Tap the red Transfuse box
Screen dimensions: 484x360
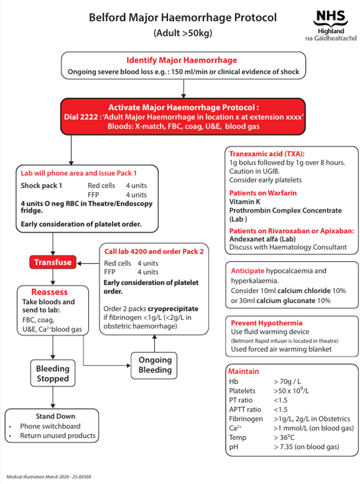(52, 263)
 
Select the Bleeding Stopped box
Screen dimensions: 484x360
(52, 373)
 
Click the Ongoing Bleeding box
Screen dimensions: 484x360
(155, 365)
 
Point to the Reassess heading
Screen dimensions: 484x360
(49, 292)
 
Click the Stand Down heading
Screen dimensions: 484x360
(55, 416)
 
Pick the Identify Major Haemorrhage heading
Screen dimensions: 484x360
(182, 60)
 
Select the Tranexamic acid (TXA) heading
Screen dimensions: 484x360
(267, 154)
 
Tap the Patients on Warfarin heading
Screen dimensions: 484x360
(263, 193)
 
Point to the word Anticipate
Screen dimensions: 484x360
(247, 271)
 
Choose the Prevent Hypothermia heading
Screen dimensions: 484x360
(266, 323)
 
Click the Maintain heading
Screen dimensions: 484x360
(244, 371)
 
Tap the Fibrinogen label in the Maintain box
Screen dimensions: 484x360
(246, 418)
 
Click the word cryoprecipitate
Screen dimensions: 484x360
(173, 308)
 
